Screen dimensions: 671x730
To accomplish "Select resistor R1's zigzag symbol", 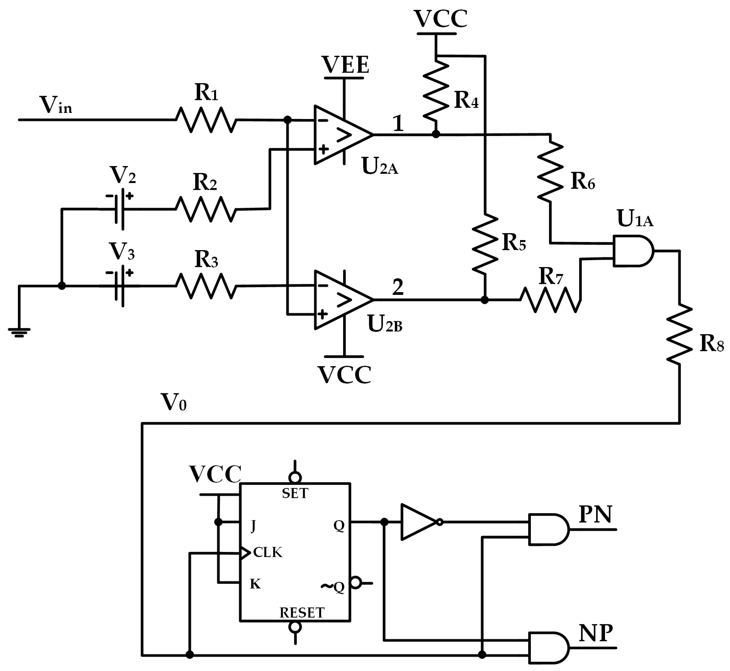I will click(206, 120).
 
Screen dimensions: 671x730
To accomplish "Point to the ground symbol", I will click(19, 332).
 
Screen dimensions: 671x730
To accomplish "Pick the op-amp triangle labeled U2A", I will click(340, 135).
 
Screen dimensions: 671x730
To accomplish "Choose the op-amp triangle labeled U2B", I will click(340, 300).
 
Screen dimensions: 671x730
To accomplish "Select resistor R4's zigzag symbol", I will click(436, 91).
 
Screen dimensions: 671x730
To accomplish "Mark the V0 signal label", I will click(174, 402).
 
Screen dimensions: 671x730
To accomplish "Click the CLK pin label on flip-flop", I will click(267, 552).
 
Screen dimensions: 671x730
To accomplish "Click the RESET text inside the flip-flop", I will click(301, 613).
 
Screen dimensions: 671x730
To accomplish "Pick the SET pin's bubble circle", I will click(295, 477).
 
